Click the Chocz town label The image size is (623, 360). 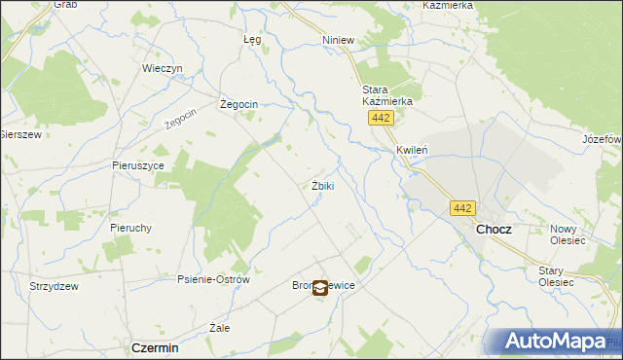[x=494, y=229]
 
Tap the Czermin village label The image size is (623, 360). [x=155, y=347]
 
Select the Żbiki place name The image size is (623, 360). [x=322, y=186]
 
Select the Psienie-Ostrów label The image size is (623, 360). [x=213, y=279]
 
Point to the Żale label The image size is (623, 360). [x=220, y=328]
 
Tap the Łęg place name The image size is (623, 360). [x=252, y=40]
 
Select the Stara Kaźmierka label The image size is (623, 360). [x=387, y=94]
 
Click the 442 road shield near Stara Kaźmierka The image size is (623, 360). [x=381, y=118]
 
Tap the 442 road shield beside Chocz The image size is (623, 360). [x=462, y=207]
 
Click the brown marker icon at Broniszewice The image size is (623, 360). [x=320, y=286]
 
